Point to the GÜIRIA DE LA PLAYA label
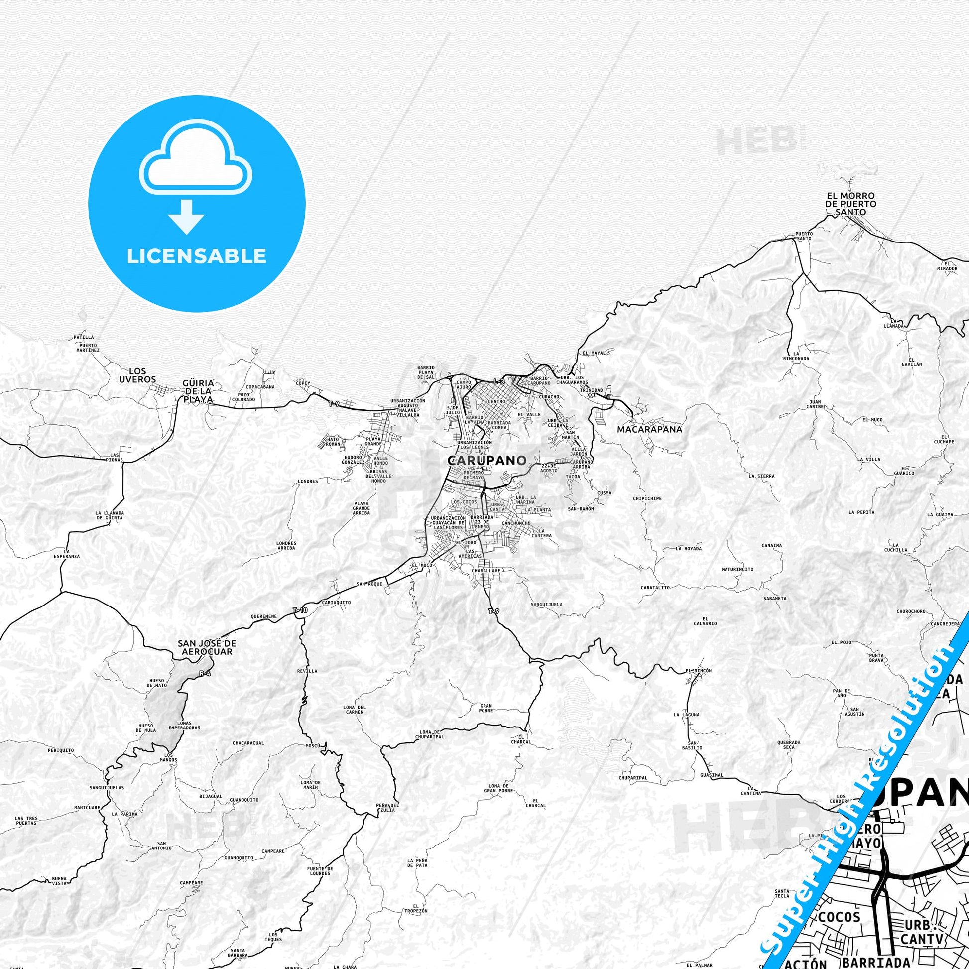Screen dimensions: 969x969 click(x=199, y=391)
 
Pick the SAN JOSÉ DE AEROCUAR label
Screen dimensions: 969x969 click(x=206, y=647)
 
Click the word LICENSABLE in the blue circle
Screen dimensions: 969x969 click(x=197, y=256)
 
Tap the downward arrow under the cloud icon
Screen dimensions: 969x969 click(x=186, y=216)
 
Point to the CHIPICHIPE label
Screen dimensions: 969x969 click(x=647, y=498)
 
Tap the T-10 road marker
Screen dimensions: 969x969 click(x=299, y=610)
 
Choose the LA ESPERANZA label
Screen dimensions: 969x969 click(x=68, y=553)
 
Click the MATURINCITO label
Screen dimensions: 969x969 click(x=737, y=569)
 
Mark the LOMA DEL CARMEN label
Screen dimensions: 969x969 click(x=355, y=709)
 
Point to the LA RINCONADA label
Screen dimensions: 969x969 click(x=796, y=356)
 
